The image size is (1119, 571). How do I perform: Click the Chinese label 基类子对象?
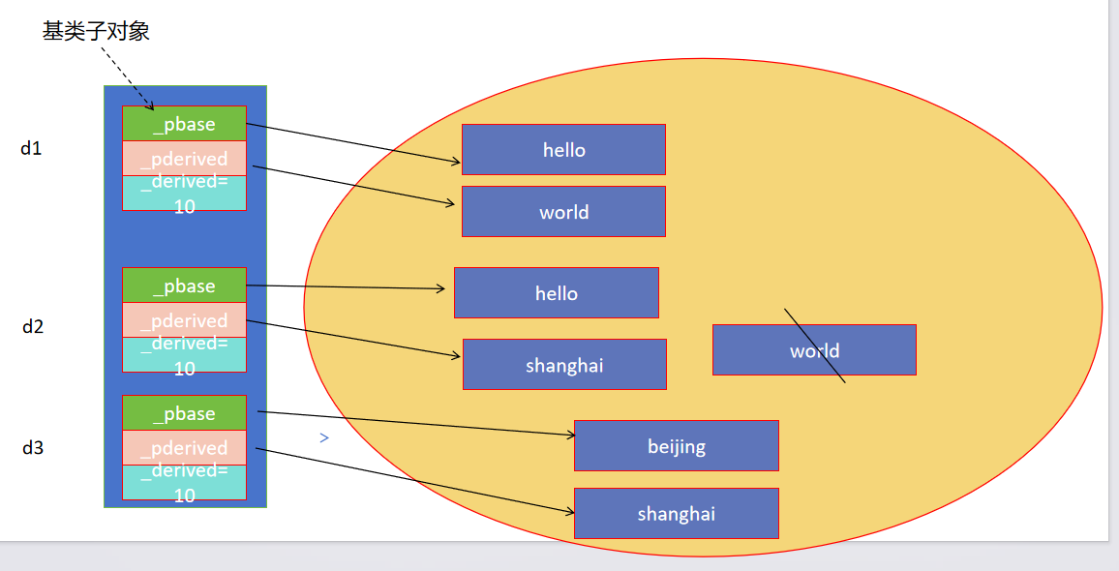96,31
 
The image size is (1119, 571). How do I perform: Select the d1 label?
31,148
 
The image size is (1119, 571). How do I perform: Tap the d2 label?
33,326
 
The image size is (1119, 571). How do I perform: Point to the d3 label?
33,447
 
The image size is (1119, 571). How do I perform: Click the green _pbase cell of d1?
184,124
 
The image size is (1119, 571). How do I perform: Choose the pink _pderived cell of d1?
184,158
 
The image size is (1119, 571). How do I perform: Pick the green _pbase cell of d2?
184,285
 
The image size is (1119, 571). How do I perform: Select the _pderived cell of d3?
184,447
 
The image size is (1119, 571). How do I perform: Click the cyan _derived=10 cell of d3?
184,482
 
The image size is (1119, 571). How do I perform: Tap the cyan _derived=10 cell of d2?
184,355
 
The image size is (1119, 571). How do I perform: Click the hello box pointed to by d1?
563,150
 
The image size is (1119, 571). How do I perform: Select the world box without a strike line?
563,212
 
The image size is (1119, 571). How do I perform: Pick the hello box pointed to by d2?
556,293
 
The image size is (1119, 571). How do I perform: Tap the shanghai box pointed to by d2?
564,365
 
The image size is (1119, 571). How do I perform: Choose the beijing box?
676,446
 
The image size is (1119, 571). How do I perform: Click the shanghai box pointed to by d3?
676,514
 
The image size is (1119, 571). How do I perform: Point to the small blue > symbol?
324,438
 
